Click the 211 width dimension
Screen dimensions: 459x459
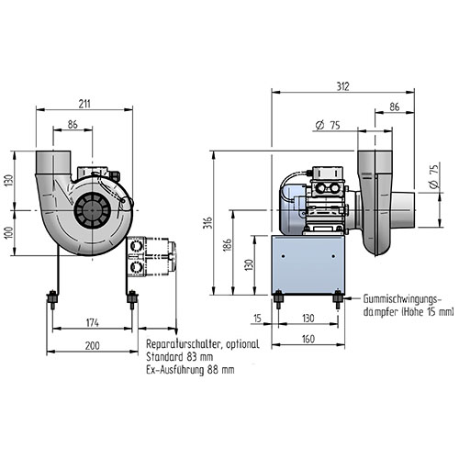[x=84, y=104]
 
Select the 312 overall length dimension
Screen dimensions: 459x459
[x=343, y=86]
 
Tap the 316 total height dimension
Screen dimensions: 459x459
[x=207, y=223]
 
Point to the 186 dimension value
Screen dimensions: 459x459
[x=228, y=245]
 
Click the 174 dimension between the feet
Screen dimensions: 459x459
[x=93, y=323]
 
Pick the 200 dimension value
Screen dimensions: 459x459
[x=93, y=346]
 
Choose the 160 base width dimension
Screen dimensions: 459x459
[x=308, y=339]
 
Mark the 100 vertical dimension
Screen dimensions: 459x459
[x=9, y=233]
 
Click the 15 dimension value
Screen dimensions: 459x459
[x=258, y=319]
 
